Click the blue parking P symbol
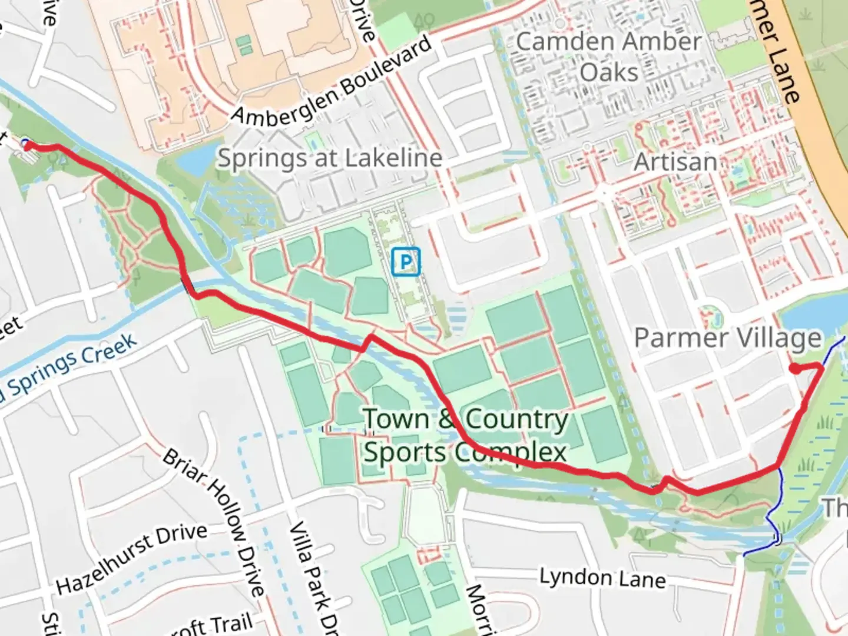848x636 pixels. [x=406, y=261]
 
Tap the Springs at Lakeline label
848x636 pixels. [x=330, y=158]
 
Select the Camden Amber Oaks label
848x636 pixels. [x=609, y=57]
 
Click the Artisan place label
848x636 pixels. [x=675, y=162]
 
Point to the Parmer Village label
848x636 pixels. [x=727, y=339]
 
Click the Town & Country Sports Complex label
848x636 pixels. [x=465, y=436]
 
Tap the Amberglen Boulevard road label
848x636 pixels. [x=333, y=82]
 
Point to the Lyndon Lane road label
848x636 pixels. [x=602, y=578]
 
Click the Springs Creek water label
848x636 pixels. [x=71, y=368]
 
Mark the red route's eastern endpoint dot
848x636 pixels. [x=794, y=369]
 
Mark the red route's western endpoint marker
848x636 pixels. [x=26, y=145]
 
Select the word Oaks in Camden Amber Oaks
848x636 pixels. [x=609, y=73]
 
